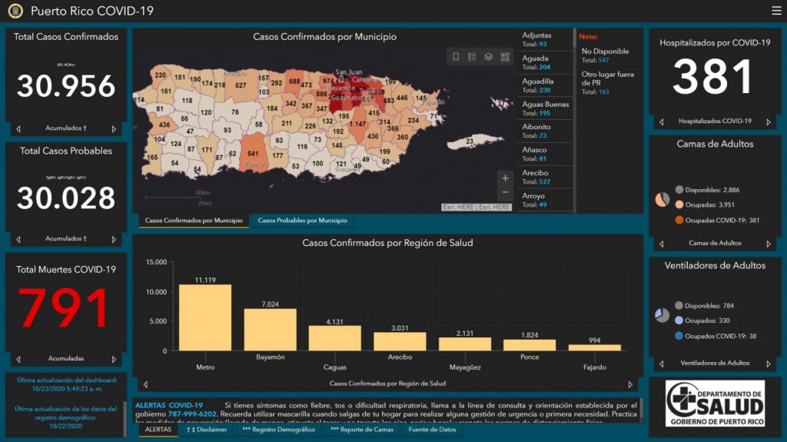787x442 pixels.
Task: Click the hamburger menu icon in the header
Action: pos(776,11)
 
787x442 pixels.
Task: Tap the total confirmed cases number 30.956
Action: pos(66,86)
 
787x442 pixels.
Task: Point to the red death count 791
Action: pos(66,309)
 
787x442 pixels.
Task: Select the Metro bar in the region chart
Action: pos(205,317)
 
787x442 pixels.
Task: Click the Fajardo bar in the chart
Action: pos(594,347)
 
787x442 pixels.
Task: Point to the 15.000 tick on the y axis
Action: pos(155,263)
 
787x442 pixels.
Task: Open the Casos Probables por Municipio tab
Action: pos(302,221)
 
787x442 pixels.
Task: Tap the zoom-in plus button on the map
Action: pos(505,178)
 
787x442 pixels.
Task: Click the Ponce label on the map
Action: pos(253,165)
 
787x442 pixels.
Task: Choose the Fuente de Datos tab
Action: pos(432,430)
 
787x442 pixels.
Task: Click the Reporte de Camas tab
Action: pos(361,430)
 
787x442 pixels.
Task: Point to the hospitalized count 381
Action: pos(714,78)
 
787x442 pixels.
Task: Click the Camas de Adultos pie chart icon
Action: pos(662,200)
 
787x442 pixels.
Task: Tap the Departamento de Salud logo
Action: pos(715,404)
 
